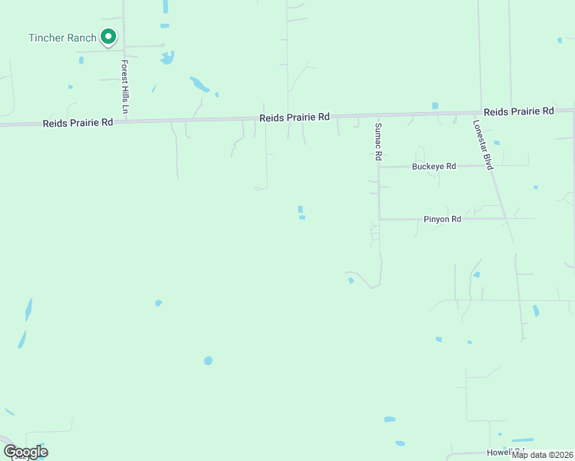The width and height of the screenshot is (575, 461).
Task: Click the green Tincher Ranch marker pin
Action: pos(108,36)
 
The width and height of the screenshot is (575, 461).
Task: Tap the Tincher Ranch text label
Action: pos(62,38)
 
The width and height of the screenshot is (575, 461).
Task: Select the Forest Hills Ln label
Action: pos(124,88)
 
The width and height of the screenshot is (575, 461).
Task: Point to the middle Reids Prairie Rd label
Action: pos(294,117)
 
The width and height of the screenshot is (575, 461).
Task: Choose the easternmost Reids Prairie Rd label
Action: pos(519,111)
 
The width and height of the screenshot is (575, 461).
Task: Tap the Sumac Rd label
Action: pos(378,141)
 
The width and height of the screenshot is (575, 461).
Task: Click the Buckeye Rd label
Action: pos(434,166)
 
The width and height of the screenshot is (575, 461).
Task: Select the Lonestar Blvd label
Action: pos(483,144)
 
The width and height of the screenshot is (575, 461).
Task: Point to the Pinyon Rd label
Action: pos(442,219)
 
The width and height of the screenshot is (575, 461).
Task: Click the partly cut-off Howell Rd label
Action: pos(506,452)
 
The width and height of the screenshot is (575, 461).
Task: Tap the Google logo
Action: pos(25,452)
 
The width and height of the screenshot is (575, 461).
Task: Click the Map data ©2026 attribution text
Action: pos(543,455)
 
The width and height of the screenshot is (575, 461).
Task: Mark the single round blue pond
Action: pos(208,360)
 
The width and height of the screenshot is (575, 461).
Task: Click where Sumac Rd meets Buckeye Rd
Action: pos(379,167)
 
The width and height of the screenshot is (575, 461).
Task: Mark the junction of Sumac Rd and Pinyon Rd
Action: pos(379,219)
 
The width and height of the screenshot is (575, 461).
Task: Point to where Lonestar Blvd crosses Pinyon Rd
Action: pos(505,219)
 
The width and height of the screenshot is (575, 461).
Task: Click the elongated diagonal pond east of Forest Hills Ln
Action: pos(199,84)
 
